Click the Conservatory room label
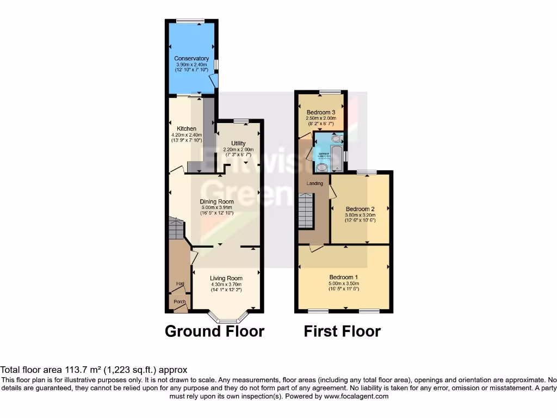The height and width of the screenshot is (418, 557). [x=191, y=58]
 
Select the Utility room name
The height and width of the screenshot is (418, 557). [x=239, y=144]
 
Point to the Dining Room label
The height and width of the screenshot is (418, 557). [x=217, y=201]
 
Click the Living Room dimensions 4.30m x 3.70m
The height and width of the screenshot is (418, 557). [x=226, y=284]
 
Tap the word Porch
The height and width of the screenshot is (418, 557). [x=180, y=302]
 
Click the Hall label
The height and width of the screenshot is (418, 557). [x=180, y=283]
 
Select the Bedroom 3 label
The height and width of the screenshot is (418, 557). [x=321, y=112]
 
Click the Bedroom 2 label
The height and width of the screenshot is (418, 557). [x=360, y=209]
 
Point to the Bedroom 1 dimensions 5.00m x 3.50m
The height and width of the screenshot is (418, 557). [x=344, y=284]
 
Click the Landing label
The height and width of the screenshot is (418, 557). [x=315, y=183]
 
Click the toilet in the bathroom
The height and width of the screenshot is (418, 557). [x=335, y=139]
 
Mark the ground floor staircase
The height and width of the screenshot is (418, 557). [x=177, y=229]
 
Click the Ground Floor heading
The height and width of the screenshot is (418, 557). [x=214, y=331]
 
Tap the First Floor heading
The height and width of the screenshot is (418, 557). [x=342, y=331]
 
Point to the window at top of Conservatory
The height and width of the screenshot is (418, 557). [x=190, y=21]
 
